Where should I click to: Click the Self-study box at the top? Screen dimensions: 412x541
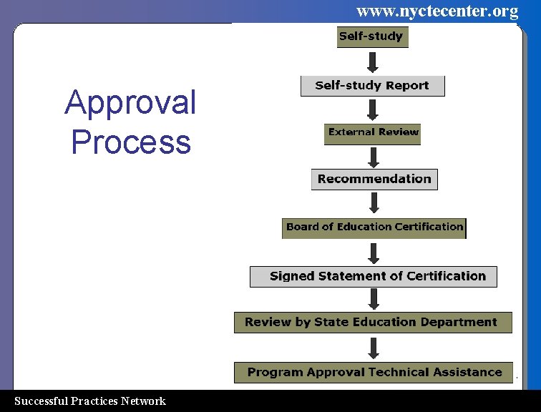(x=372, y=37)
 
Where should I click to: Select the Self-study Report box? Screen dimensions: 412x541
(x=372, y=86)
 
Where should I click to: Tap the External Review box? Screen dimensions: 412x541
(x=372, y=134)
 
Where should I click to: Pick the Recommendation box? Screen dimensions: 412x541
(x=374, y=180)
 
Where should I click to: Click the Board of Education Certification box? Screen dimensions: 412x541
(x=374, y=227)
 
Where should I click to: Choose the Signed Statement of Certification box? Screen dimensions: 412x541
(x=373, y=277)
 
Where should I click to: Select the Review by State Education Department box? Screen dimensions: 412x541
(x=373, y=323)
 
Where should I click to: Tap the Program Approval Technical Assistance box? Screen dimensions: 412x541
(x=373, y=373)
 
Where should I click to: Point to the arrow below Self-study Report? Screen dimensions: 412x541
(x=372, y=109)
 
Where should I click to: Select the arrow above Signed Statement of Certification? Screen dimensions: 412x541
(x=373, y=252)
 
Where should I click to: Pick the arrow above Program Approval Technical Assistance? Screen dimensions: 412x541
(x=373, y=348)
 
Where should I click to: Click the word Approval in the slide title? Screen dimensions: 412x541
(x=130, y=103)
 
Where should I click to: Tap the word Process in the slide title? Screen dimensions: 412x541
(x=131, y=142)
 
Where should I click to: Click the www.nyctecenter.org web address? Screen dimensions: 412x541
(x=437, y=11)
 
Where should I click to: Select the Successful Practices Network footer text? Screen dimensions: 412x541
(x=90, y=401)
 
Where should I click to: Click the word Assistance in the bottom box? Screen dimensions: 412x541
(x=467, y=373)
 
